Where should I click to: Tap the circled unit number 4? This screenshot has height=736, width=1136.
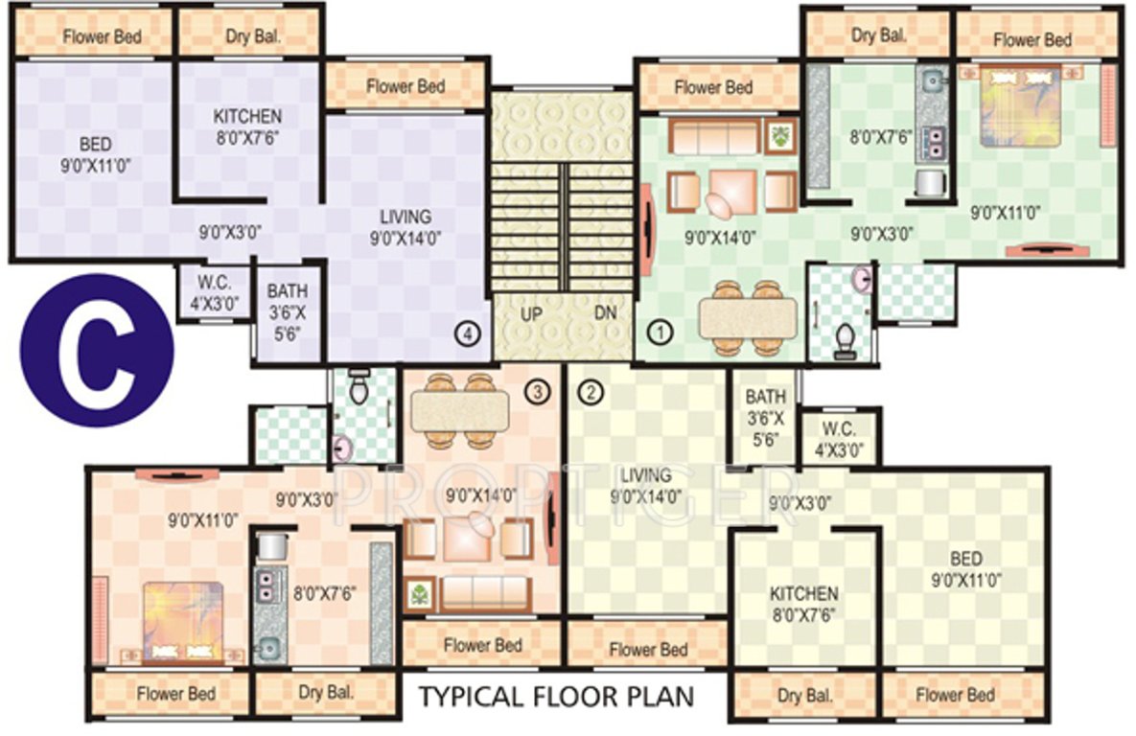(467, 334)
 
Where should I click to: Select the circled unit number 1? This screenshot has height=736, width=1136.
(661, 333)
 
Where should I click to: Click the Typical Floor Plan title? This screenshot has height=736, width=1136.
(555, 695)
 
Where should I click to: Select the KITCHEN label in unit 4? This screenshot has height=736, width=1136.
(247, 116)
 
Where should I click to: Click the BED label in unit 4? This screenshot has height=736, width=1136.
(96, 145)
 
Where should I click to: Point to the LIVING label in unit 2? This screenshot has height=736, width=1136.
(646, 476)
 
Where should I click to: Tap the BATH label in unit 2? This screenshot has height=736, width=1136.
(765, 397)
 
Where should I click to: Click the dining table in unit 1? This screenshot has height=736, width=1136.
(747, 318)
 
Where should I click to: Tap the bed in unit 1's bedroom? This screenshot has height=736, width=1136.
(1020, 103)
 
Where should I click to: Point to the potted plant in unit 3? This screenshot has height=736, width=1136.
(419, 594)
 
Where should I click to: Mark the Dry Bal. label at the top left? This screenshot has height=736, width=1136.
(251, 37)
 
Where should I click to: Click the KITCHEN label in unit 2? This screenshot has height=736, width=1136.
(804, 594)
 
